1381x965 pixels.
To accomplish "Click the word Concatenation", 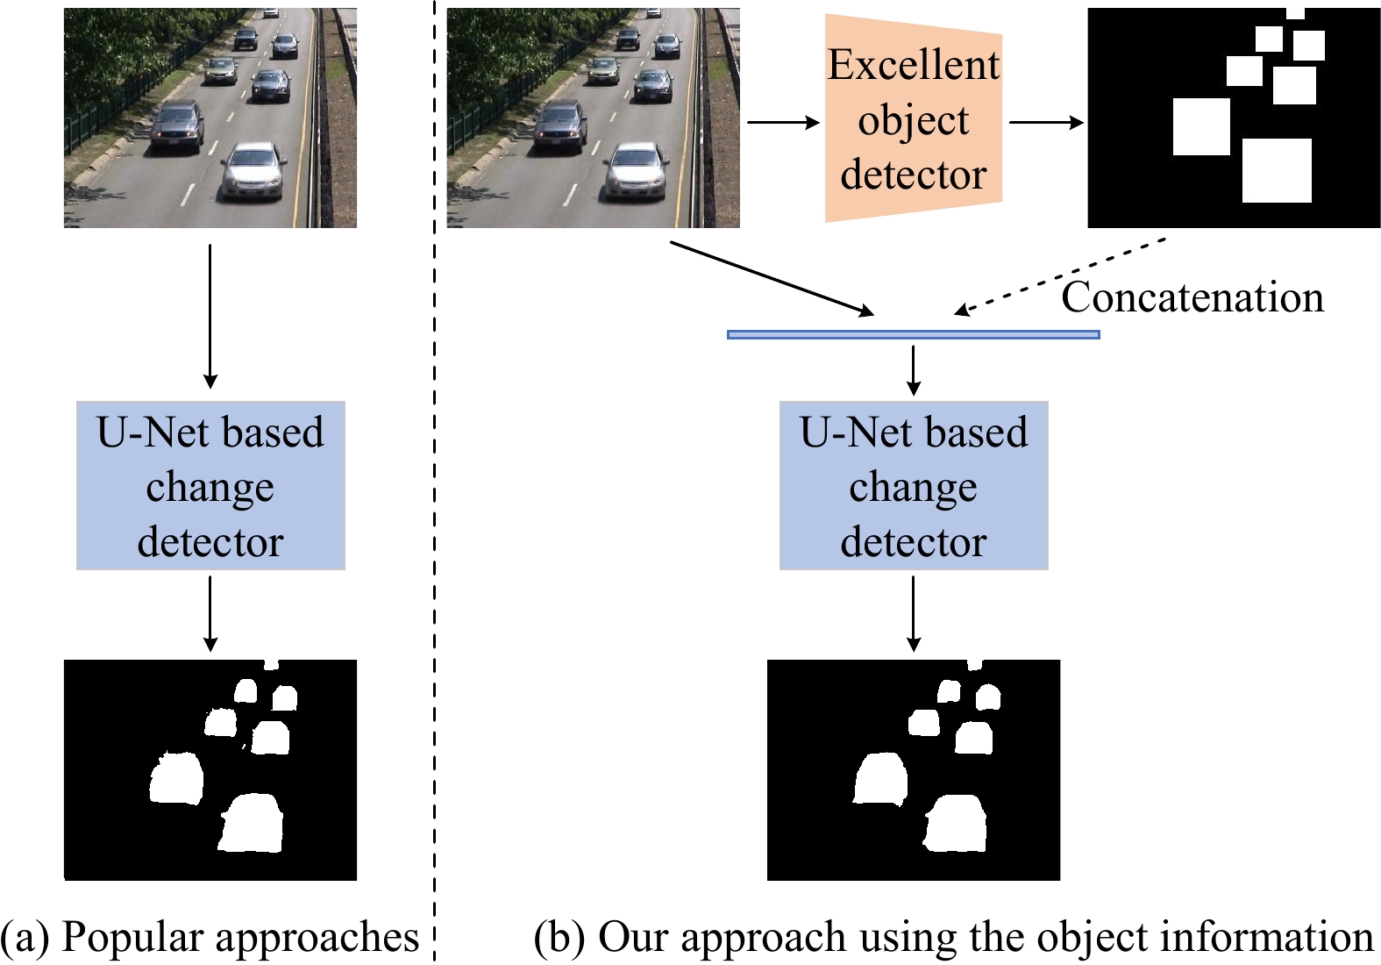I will pyautogui.click(x=1192, y=297).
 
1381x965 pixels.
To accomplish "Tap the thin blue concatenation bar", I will pyautogui.click(x=913, y=334).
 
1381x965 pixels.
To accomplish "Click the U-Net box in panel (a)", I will pyautogui.click(x=210, y=485).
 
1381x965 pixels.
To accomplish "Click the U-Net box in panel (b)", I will pyautogui.click(x=914, y=485).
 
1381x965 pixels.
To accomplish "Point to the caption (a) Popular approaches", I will pyautogui.click(x=210, y=936).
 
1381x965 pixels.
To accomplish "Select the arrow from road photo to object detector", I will pyautogui.click(x=781, y=123).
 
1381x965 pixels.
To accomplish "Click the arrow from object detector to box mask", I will pyautogui.click(x=1046, y=123).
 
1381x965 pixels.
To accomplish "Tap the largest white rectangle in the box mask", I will pyautogui.click(x=1277, y=170).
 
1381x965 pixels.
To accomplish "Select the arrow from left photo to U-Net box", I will pyautogui.click(x=210, y=316).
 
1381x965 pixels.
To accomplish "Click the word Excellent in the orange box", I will pyautogui.click(x=913, y=65).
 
